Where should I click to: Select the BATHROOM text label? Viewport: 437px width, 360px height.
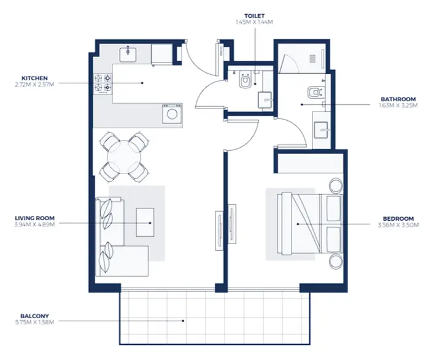398,99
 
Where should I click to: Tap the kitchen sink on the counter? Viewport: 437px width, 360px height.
130,54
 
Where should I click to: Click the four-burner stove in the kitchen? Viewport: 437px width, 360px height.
102,84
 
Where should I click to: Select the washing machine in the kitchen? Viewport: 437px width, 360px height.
171,113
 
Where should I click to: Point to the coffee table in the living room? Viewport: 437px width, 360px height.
145,221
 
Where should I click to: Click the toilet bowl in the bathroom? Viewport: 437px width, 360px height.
314,93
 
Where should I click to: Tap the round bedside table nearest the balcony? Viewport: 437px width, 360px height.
335,261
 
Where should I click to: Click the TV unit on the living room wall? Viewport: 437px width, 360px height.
218,230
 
